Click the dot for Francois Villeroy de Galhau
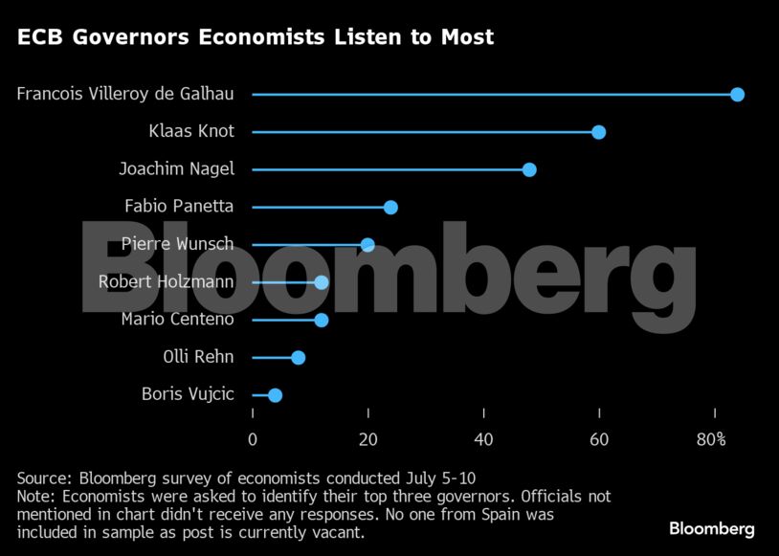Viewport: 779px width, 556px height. pos(737,94)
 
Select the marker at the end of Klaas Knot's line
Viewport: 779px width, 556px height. pos(598,132)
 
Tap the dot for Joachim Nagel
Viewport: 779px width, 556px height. pos(529,169)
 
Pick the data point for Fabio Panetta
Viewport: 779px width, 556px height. pos(390,207)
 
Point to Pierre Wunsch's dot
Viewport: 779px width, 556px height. pos(367,245)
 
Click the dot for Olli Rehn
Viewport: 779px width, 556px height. pos(299,357)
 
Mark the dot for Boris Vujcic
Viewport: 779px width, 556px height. pos(276,394)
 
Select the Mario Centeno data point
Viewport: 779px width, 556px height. pos(322,320)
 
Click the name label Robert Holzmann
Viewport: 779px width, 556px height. pos(167,281)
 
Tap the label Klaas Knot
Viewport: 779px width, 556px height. pos(191,132)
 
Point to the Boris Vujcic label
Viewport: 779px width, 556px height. pos(188,394)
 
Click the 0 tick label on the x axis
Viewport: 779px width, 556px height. pos(253,439)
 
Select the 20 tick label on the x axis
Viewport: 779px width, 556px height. pos(368,439)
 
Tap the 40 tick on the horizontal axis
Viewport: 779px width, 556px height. pos(484,439)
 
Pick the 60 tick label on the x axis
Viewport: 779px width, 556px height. pos(600,439)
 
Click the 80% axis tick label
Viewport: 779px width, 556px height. pos(712,439)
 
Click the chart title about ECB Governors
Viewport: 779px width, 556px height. pos(256,38)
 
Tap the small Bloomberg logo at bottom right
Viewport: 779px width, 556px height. pos(711,528)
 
